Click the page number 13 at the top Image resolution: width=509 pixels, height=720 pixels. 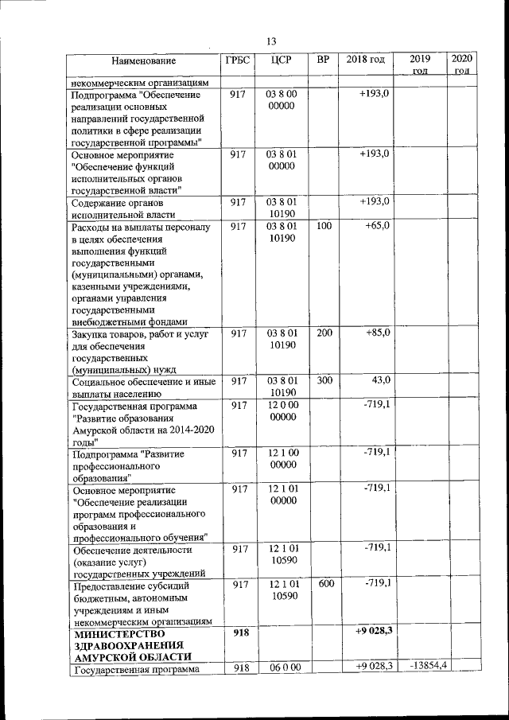[270, 41]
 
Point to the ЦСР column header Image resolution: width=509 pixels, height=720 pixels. [282, 60]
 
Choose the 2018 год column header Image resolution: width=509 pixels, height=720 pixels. [366, 60]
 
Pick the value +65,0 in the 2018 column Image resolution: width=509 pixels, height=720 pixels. [376, 227]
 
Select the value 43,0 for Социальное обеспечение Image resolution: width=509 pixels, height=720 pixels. [377, 381]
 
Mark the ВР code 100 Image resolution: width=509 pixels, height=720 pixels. [323, 227]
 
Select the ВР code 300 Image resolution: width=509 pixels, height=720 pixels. [323, 381]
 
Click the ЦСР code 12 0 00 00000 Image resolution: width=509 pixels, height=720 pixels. [282, 411]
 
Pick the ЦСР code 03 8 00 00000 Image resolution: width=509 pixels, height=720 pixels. [282, 100]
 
